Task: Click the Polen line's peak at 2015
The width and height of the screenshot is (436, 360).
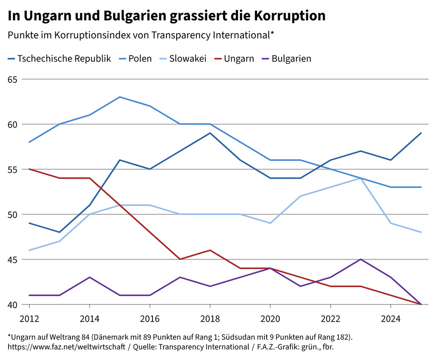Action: coord(120,97)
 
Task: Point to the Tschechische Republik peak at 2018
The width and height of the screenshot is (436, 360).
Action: coord(210,133)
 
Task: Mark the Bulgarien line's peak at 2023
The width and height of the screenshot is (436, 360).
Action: coord(361,259)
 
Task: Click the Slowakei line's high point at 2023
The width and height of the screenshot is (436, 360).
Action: coord(361,178)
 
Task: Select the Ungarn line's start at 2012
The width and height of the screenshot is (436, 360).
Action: coord(29,169)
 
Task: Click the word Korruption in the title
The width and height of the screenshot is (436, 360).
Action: coord(290,16)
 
